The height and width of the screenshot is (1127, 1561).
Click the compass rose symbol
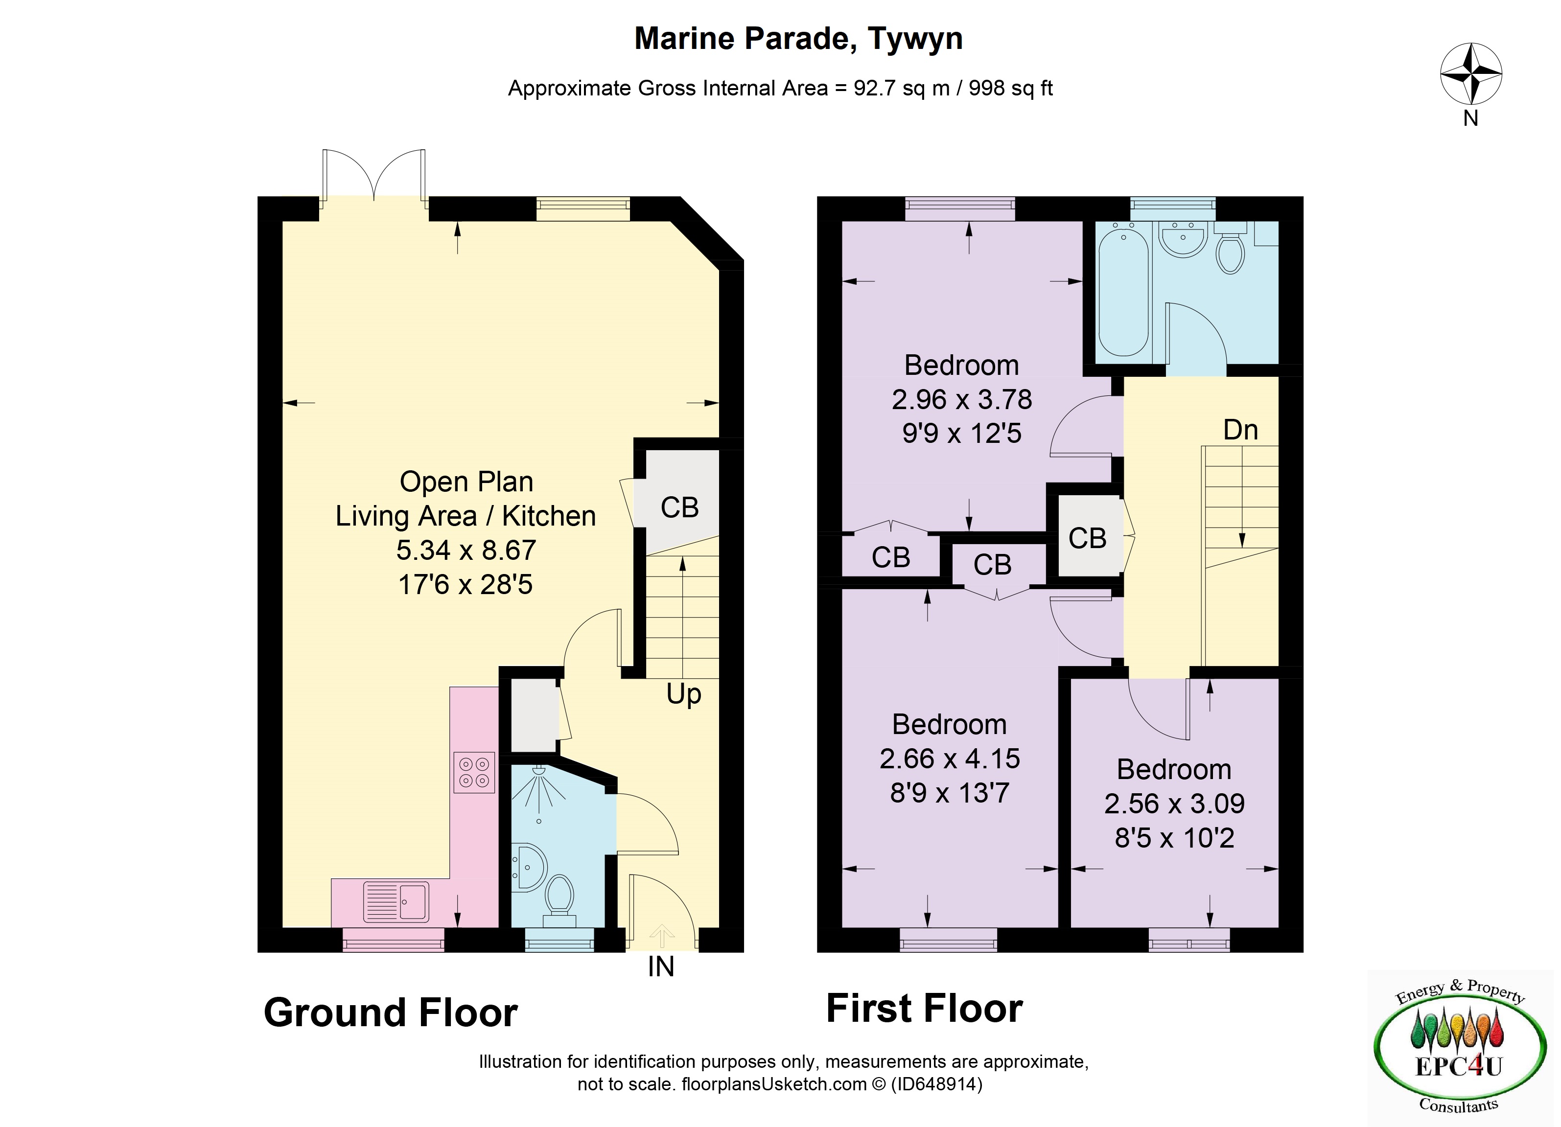click(x=1471, y=73)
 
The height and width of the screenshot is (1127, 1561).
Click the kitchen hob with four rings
click(x=473, y=772)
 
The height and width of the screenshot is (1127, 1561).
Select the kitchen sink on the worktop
click(x=396, y=901)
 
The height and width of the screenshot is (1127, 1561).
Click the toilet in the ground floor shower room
click(x=559, y=900)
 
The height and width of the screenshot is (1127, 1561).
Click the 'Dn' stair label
click(x=1240, y=430)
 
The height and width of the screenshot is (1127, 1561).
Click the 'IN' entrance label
click(x=661, y=966)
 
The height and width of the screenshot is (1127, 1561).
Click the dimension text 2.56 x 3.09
click(x=1174, y=804)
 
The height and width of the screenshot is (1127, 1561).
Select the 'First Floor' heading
click(x=924, y=1008)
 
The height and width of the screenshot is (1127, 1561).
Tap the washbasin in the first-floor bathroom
click(x=1183, y=239)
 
